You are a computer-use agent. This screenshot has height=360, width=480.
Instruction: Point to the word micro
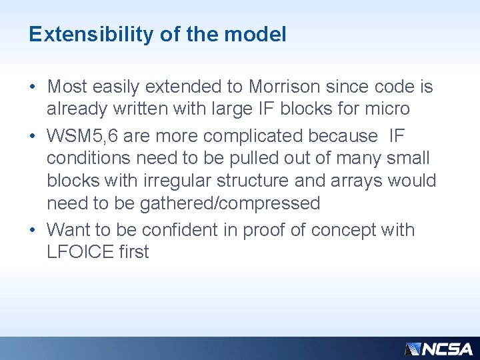tap(387, 109)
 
